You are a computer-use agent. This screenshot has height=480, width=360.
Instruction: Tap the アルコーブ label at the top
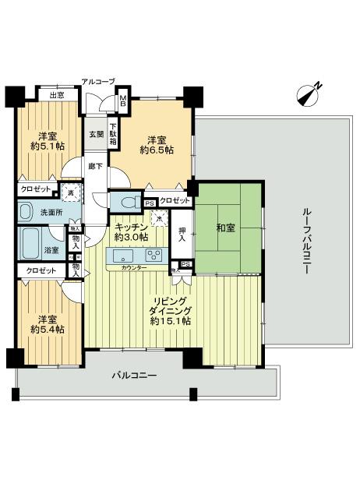click(x=98, y=81)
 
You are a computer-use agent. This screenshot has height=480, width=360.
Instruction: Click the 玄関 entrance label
click(x=95, y=134)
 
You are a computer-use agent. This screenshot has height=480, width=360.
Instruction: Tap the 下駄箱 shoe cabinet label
click(x=112, y=137)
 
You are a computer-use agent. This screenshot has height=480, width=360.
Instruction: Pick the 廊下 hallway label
click(x=94, y=166)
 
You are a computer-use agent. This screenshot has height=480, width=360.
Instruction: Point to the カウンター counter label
click(x=136, y=268)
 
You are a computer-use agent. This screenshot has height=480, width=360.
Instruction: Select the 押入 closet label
click(x=180, y=235)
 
